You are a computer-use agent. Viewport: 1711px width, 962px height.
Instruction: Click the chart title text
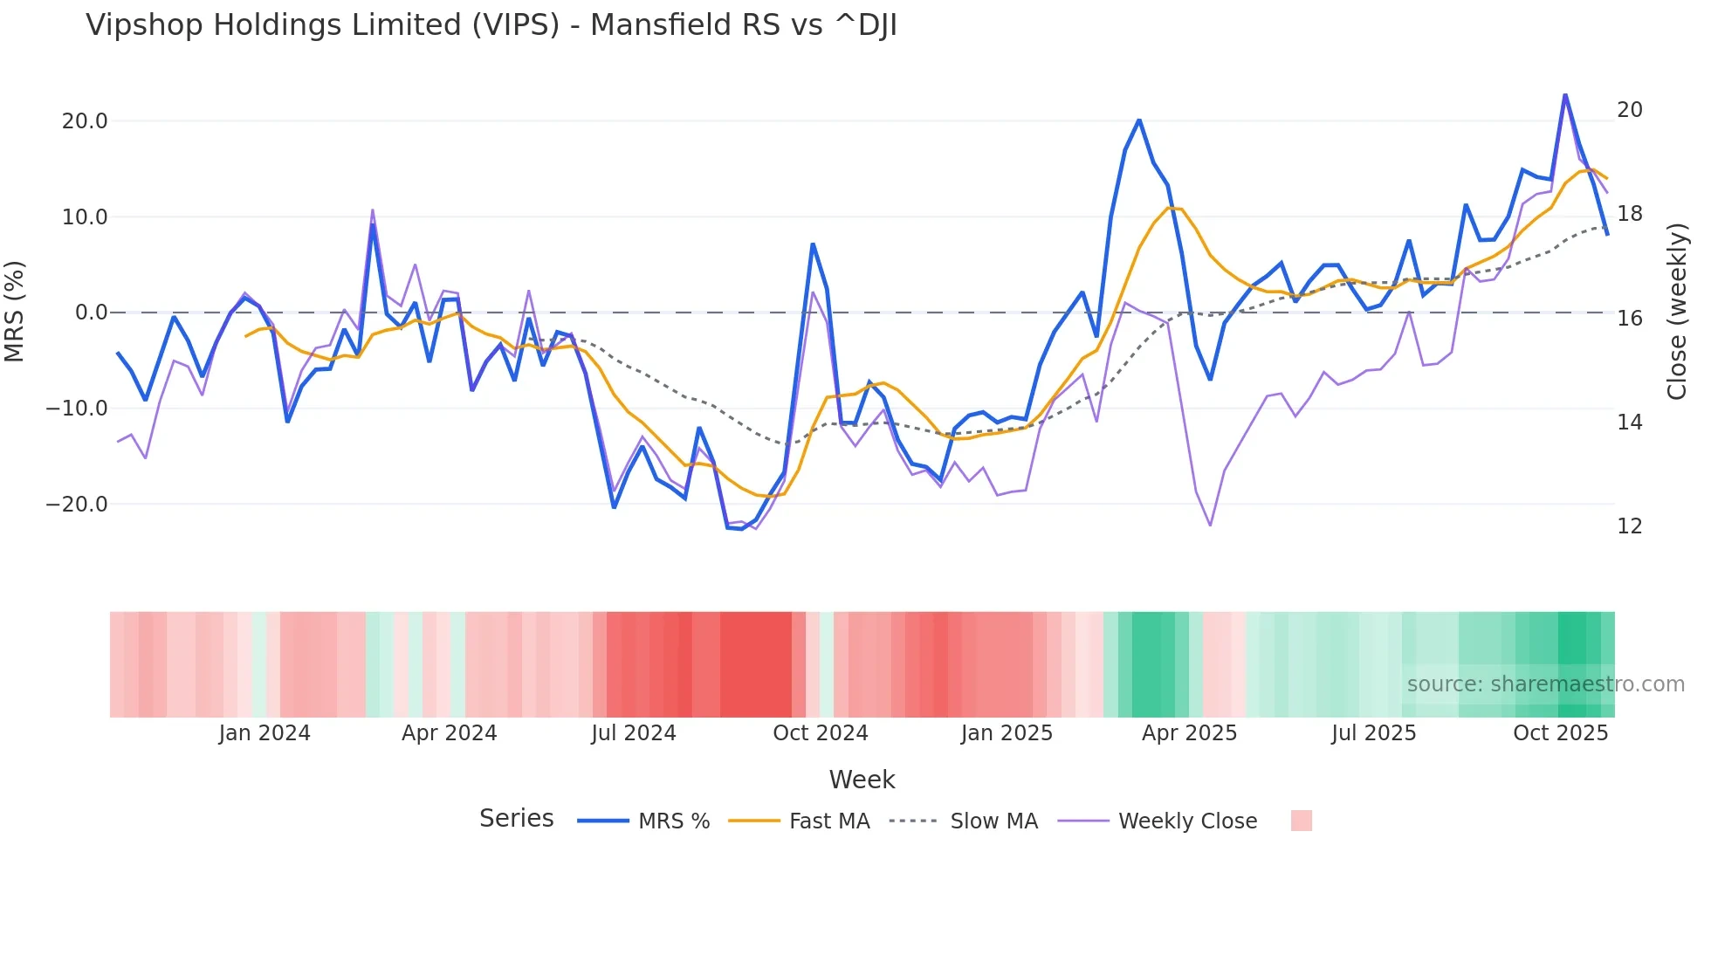[491, 25]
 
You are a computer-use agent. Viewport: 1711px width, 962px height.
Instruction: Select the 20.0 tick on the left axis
[85, 121]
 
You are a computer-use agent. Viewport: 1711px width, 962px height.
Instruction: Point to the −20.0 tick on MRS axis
[77, 505]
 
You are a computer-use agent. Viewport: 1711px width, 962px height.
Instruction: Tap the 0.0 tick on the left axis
[92, 313]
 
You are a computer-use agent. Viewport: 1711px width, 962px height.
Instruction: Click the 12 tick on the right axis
[1629, 526]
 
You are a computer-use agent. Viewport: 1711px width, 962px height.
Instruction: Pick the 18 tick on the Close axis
[1629, 214]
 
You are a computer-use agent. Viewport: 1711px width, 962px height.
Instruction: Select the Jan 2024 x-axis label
[264, 733]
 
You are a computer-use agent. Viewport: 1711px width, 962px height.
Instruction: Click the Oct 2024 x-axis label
[820, 733]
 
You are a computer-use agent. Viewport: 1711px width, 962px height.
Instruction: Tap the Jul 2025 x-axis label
[1373, 733]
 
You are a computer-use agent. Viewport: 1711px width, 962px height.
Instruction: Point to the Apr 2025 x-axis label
[1189, 733]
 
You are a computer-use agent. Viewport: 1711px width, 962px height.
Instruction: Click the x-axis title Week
[862, 780]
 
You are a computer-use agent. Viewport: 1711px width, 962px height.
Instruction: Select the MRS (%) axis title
[15, 312]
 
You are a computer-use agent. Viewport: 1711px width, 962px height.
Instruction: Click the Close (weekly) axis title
[1676, 312]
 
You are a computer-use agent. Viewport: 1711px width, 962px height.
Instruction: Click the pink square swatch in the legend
[1301, 821]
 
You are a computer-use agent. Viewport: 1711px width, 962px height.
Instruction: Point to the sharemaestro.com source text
[1545, 684]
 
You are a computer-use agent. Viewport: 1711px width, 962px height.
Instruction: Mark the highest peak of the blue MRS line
[1565, 94]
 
